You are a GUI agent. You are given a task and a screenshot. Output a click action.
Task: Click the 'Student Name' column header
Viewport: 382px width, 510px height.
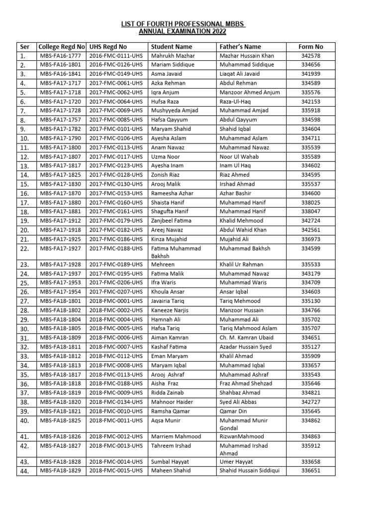171,47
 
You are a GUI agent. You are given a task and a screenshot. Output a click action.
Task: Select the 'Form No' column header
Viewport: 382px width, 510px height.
311,47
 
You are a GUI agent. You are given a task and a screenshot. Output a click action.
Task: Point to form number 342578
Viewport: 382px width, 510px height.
311,56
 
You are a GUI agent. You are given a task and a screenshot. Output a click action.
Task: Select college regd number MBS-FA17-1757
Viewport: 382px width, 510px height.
60,120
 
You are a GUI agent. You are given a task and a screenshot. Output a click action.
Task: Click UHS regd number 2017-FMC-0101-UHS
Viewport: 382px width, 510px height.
116,129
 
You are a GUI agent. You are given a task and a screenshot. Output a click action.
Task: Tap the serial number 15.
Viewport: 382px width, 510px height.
24,184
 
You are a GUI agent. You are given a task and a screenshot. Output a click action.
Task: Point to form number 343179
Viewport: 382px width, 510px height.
311,273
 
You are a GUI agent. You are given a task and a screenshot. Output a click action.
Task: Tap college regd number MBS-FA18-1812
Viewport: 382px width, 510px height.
60,356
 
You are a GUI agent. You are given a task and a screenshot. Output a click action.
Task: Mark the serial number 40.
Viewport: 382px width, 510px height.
24,420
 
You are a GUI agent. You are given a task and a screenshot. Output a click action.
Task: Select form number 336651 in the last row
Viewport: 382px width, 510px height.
311,471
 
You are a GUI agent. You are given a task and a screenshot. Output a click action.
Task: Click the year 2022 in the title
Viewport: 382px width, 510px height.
218,31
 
